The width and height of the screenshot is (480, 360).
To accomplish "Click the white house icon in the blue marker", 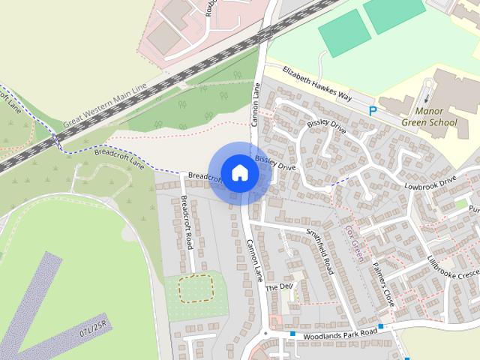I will pyautogui.click(x=239, y=172).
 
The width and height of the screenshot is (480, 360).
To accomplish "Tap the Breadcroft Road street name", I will pyautogui.click(x=187, y=223).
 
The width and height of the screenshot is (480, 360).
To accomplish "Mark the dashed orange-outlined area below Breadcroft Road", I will pyautogui.click(x=195, y=288).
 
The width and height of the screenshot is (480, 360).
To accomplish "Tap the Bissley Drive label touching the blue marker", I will pyautogui.click(x=275, y=163).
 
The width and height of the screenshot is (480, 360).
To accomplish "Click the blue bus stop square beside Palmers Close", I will pyautogui.click(x=382, y=326).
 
